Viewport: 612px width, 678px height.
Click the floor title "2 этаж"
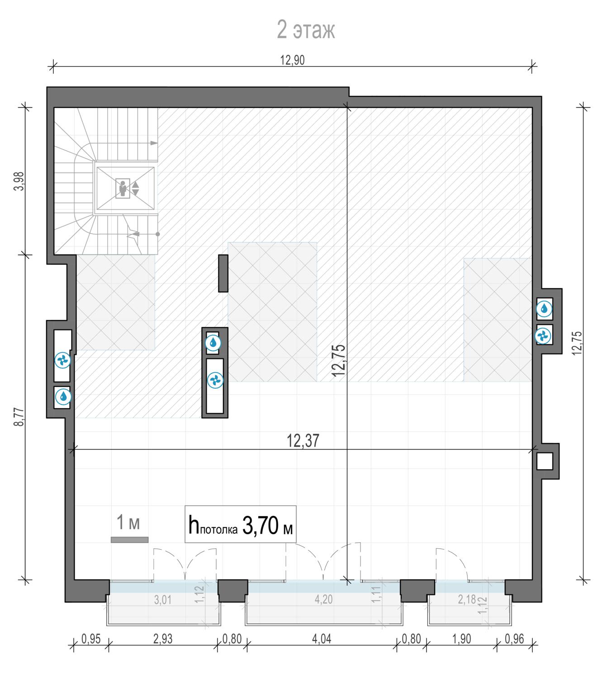click(306, 30)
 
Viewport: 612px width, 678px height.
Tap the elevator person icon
click(123, 188)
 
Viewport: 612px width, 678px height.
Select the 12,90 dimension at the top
click(292, 60)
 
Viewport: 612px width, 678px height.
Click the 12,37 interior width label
click(303, 441)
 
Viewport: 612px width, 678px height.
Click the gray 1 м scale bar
click(129, 540)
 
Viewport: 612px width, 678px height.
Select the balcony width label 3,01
click(163, 600)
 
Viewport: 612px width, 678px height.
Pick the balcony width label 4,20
click(323, 599)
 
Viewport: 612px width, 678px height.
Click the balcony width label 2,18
click(467, 599)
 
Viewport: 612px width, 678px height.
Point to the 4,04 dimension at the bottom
click(322, 639)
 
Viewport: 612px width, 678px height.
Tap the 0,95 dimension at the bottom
click(91, 639)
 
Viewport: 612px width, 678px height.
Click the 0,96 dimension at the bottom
click(514, 639)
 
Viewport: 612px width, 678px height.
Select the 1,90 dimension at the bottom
click(461, 639)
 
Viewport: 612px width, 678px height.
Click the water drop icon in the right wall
click(544, 309)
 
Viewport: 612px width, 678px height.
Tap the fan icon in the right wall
click(543, 336)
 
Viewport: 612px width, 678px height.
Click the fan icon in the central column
click(215, 381)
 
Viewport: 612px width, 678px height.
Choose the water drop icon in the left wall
click(63, 396)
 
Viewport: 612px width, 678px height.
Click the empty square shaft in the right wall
click(544, 461)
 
